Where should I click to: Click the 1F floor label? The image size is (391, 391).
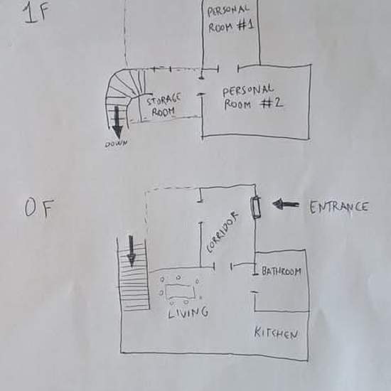coord(36,13)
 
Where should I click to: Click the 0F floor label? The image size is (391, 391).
coord(39,208)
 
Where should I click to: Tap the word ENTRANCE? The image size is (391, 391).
coord(338,207)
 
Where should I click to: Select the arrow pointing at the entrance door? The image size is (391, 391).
coord(286,204)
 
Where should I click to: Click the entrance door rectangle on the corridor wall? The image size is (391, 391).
coord(256,208)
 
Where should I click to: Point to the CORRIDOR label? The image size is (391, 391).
coord(223,232)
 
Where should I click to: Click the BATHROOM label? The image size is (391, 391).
coord(282,271)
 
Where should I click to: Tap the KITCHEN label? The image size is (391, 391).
coord(276,333)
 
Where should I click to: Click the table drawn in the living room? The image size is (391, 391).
coord(180,291)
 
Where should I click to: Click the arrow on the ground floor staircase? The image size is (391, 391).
coord(132,251)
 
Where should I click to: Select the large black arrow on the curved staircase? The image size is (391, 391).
coord(117,122)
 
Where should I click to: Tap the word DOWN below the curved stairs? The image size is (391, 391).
coord(116,144)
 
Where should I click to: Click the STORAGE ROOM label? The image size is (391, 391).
coord(164,105)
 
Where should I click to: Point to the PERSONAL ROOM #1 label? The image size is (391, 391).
coord(230,19)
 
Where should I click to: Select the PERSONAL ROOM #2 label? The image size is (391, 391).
coord(252,98)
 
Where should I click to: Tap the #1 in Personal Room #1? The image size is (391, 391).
coord(245,26)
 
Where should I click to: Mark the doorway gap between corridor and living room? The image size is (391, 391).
coord(223,266)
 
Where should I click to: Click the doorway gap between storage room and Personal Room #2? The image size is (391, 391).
coord(201,86)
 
